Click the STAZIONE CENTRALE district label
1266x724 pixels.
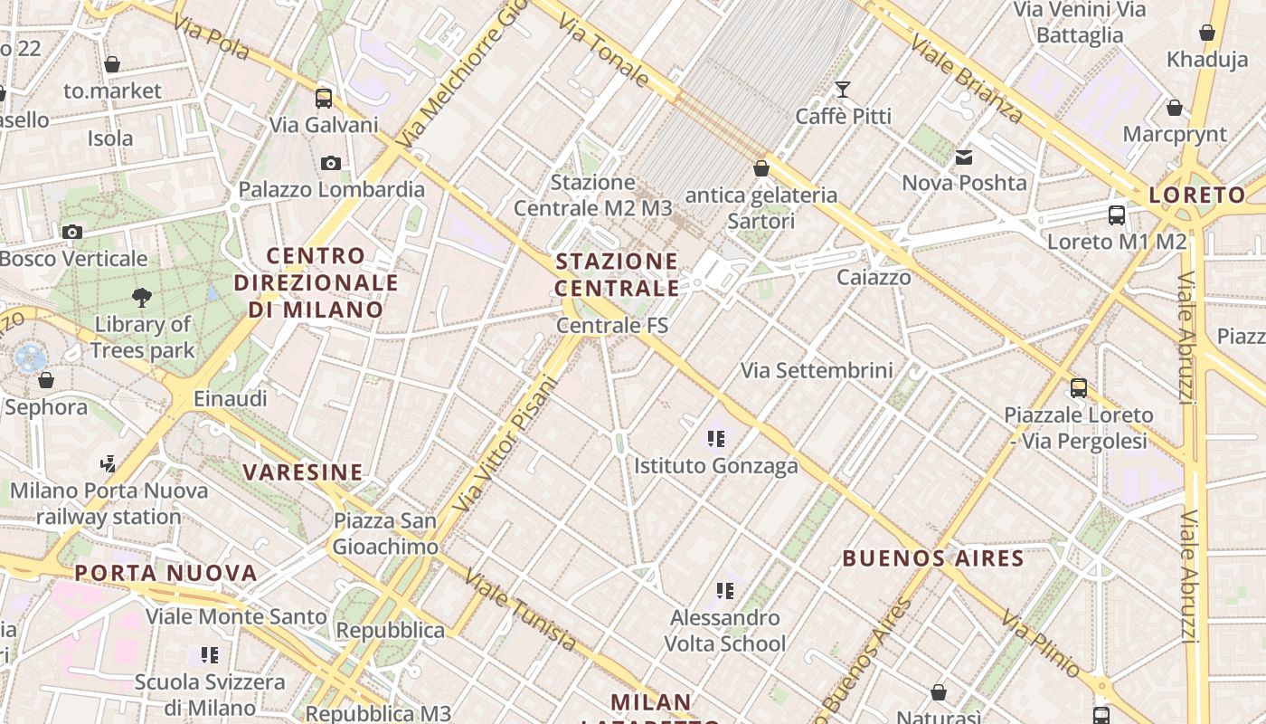[x=617, y=275]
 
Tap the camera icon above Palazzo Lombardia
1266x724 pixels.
[x=331, y=163]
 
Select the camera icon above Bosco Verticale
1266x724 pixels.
[x=72, y=232]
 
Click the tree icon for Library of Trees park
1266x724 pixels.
[x=141, y=297]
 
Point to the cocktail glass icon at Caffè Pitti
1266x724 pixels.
[x=843, y=89]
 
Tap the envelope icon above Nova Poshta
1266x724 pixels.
[x=964, y=157]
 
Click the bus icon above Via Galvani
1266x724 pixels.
[x=324, y=98]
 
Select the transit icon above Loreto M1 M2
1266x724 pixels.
[x=1117, y=215]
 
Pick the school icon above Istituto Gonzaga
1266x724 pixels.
[x=716, y=440]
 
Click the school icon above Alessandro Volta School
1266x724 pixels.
[x=724, y=591]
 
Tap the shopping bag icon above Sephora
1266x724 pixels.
[x=46, y=380]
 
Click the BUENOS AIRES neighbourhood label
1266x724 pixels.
[x=933, y=558]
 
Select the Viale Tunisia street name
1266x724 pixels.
[x=520, y=611]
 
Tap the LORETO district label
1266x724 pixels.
[x=1197, y=195]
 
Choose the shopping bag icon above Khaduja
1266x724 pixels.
[x=1207, y=33]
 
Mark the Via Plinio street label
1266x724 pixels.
[x=1040, y=643]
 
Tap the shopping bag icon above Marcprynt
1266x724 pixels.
[x=1175, y=108]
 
